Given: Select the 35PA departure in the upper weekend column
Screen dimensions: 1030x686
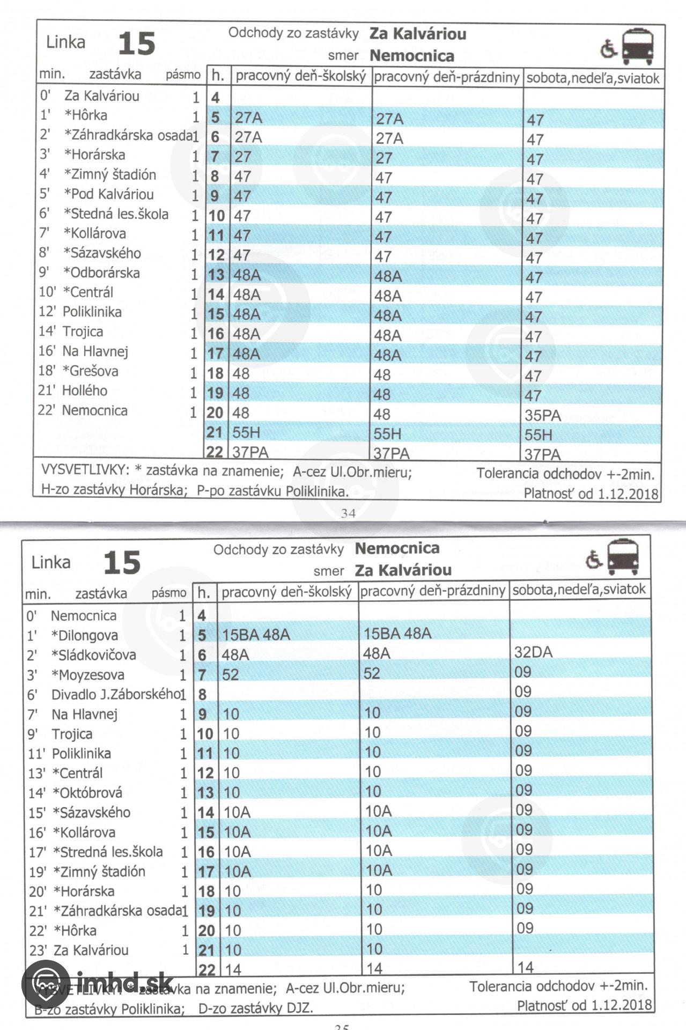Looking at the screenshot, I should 543,415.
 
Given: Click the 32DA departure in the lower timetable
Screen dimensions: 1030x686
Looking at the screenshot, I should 533,652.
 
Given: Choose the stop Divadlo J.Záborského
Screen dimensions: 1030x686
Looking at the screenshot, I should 115,694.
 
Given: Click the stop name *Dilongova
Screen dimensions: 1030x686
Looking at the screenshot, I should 84,635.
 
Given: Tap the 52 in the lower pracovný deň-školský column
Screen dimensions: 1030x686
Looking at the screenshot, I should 230,674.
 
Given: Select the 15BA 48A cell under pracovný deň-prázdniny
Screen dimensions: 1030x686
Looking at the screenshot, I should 397,633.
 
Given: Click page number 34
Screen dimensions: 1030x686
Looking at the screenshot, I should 348,513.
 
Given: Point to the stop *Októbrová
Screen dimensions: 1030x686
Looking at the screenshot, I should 87,792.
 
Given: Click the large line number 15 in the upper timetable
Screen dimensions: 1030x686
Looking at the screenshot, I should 136,43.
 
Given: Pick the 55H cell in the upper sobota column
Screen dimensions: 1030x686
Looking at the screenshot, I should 539,435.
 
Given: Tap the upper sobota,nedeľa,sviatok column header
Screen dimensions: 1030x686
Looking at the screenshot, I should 592,78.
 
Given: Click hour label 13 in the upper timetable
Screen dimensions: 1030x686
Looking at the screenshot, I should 216,275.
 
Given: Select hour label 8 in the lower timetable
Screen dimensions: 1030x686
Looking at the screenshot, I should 202,694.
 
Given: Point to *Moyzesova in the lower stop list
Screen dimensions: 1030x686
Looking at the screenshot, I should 87,675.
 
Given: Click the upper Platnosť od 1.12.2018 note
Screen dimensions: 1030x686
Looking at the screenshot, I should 591,494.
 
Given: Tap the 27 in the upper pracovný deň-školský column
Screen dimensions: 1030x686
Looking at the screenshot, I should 243,157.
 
